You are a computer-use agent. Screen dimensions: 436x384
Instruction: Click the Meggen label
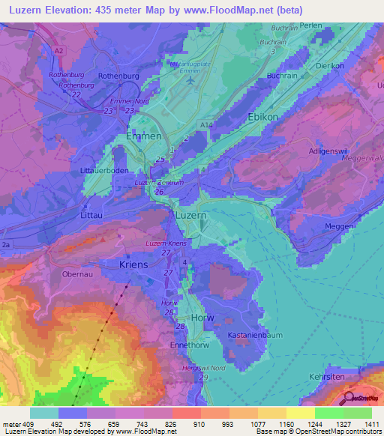(x=339, y=226)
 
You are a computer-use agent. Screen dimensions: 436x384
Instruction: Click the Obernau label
(x=77, y=273)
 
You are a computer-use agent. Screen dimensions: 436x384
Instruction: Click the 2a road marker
(x=7, y=245)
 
